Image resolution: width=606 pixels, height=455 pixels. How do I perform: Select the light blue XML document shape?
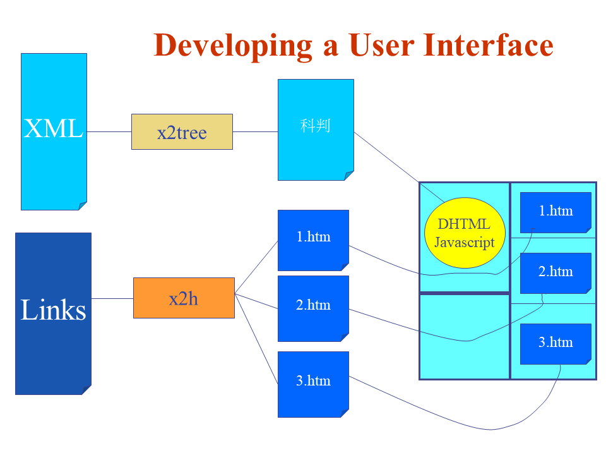[54, 131]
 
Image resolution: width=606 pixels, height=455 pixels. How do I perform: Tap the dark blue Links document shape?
[53, 313]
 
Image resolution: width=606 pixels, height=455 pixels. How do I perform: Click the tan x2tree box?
[182, 131]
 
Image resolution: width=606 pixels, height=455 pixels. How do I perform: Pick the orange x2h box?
[184, 298]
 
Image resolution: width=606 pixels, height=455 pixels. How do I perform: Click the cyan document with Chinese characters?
[316, 129]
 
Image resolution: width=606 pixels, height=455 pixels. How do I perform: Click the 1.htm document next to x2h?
[313, 240]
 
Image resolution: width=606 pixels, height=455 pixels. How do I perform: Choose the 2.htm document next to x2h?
[313, 308]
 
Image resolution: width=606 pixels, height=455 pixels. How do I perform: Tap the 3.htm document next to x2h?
[313, 384]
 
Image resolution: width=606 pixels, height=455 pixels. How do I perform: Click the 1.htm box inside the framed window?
[555, 212]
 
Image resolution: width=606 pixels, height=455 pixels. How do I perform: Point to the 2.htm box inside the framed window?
[555, 272]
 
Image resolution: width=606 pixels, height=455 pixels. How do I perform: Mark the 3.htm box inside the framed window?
[555, 343]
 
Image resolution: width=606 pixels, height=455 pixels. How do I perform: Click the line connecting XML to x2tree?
[109, 131]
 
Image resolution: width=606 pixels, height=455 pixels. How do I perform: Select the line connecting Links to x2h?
[112, 298]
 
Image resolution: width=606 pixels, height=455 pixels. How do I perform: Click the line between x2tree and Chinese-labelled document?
[255, 131]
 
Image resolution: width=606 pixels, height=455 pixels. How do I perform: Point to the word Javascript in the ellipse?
[465, 243]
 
